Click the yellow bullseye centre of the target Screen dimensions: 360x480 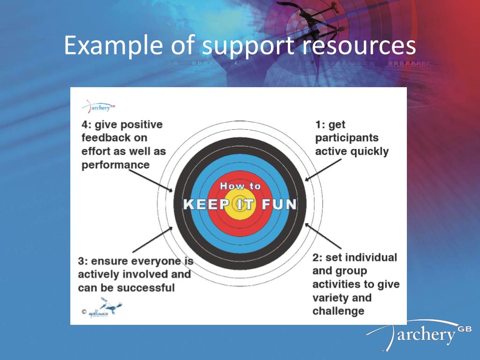click(x=239, y=205)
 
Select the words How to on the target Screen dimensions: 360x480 click(x=240, y=186)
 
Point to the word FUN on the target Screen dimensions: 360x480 click(x=279, y=205)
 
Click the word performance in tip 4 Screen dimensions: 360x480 click(x=115, y=165)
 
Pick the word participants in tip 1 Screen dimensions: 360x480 click(x=346, y=138)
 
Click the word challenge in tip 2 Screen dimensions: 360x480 click(x=338, y=311)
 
